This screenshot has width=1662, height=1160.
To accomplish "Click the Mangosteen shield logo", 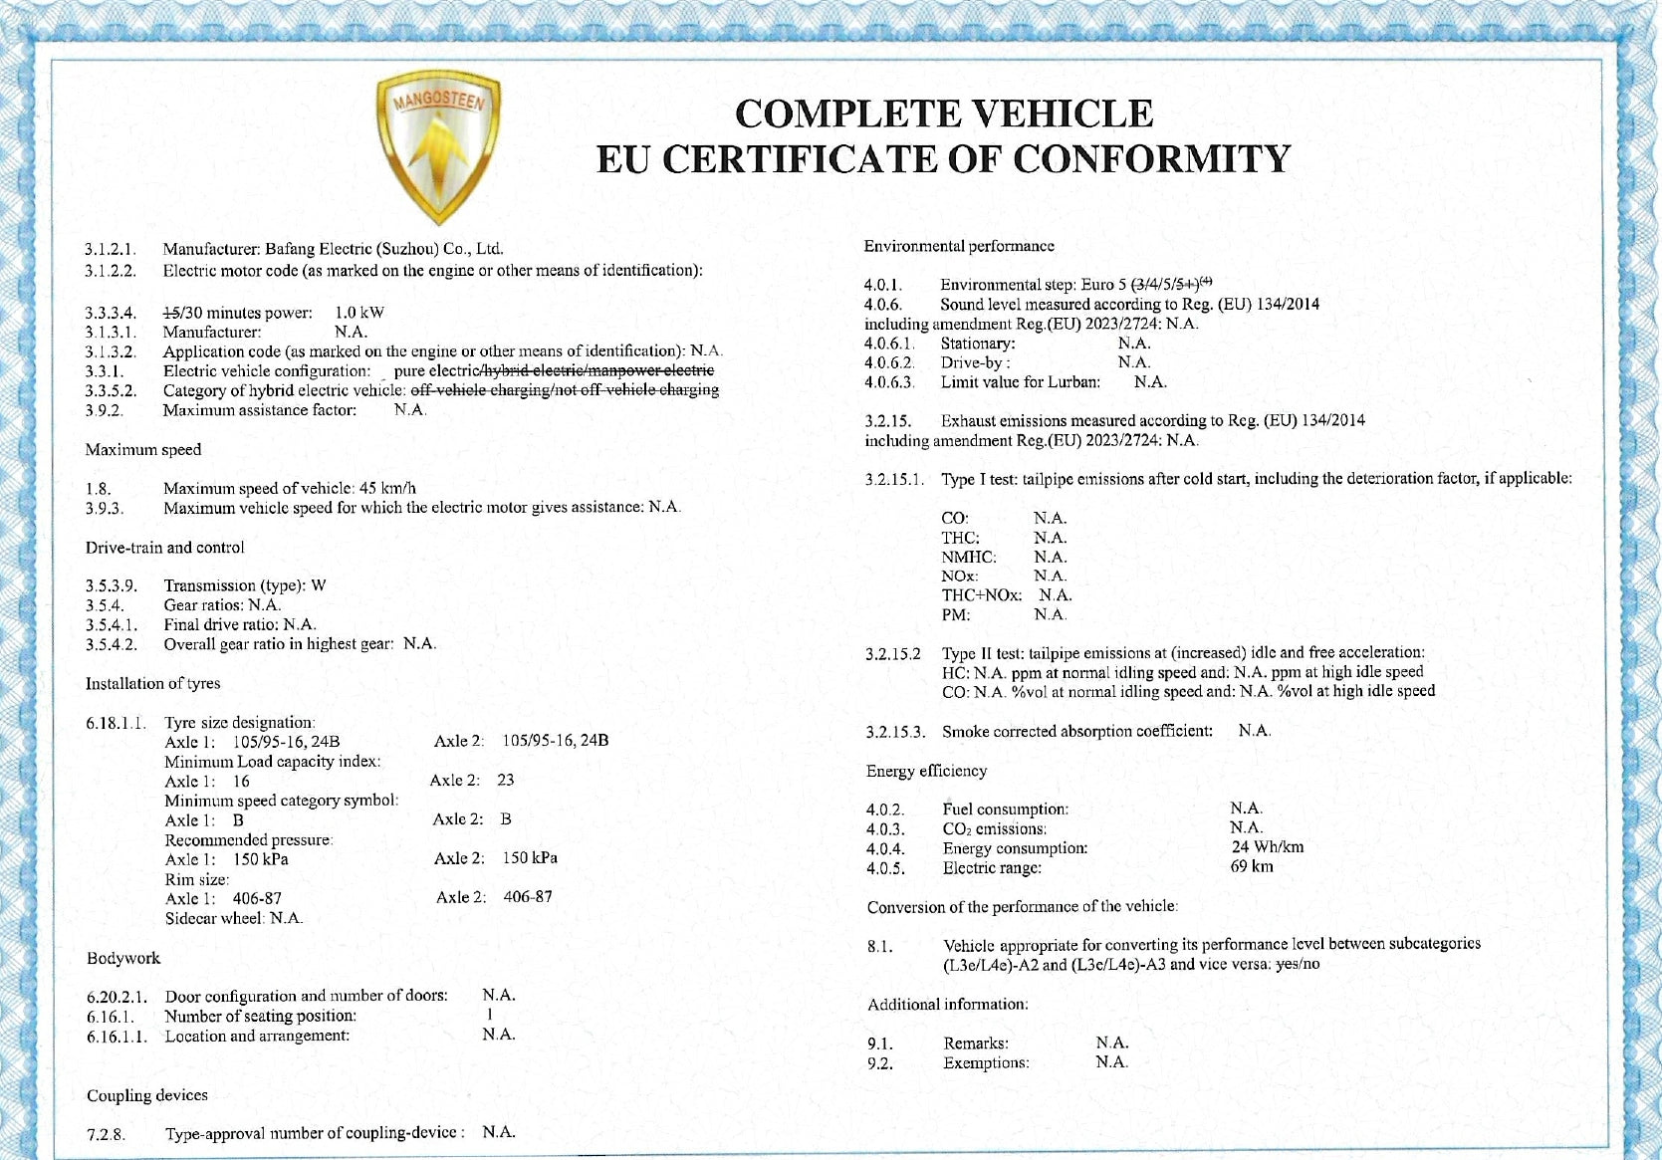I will point(438,148).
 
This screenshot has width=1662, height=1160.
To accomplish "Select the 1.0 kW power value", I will point(359,313).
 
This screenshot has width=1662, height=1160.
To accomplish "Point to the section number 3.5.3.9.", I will point(112,585).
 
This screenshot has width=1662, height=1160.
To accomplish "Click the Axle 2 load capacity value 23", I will point(506,780).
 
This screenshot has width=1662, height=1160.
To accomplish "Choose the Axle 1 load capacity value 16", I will point(241,781).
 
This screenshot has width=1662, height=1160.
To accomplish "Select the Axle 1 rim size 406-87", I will point(257,898).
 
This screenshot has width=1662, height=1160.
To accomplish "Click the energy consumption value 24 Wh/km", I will point(1267,847).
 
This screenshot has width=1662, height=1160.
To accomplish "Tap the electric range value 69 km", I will point(1252,866).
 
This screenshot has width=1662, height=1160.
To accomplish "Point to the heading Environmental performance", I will point(959,246).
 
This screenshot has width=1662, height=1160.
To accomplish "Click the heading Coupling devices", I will point(147,1095).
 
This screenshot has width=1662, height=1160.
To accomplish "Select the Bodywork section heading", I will point(123,958).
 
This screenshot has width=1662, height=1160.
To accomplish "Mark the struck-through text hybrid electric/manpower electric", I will point(598,370).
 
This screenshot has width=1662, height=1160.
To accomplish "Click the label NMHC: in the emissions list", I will point(969,557).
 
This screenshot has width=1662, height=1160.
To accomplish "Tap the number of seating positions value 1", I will point(490,1015).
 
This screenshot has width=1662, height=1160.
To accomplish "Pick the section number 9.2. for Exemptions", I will point(880,1063).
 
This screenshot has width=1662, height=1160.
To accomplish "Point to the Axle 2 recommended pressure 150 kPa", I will point(530,858).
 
